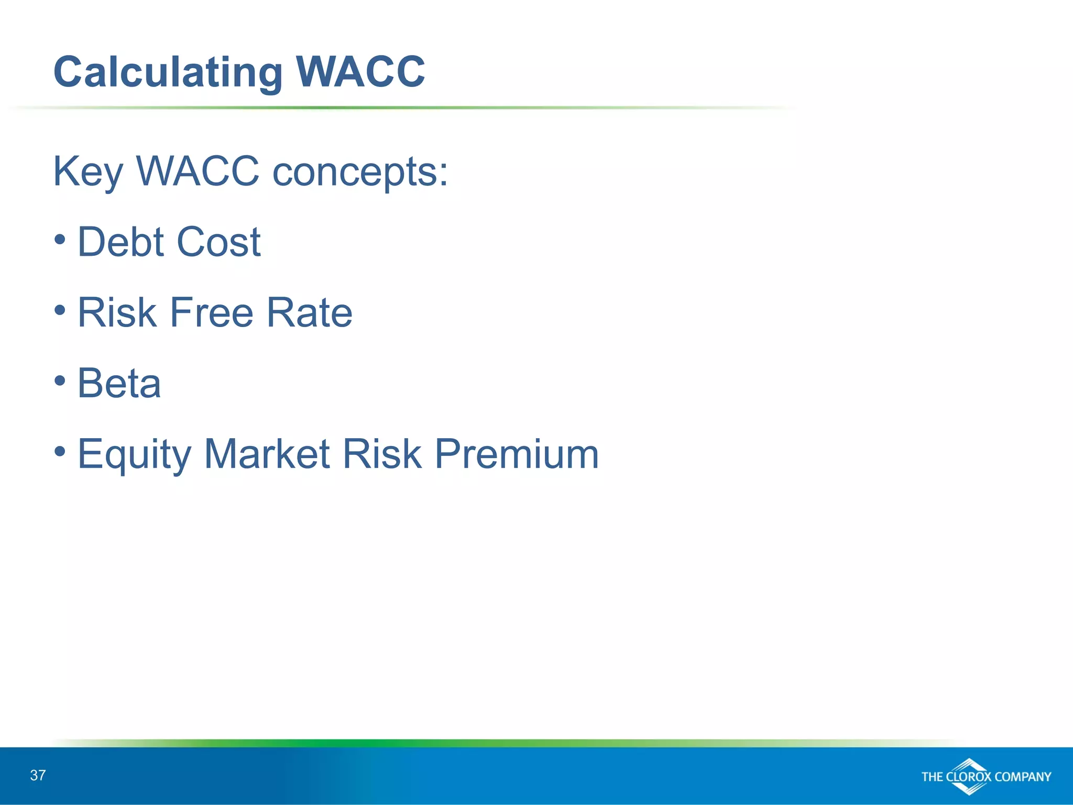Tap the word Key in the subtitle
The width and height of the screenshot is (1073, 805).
tap(88, 172)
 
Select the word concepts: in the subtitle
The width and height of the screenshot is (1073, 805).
tap(360, 172)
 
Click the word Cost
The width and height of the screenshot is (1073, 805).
tap(218, 242)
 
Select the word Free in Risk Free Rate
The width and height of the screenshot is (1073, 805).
tap(212, 313)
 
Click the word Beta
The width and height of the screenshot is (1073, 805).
tap(119, 384)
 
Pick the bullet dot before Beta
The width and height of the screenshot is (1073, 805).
tap(60, 380)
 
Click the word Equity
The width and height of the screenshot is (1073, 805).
tap(134, 455)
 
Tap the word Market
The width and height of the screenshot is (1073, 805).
tap(267, 454)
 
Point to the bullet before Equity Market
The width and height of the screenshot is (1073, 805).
tap(60, 451)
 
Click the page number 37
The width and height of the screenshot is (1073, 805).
tap(38, 775)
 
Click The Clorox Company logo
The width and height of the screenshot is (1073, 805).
tap(986, 776)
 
